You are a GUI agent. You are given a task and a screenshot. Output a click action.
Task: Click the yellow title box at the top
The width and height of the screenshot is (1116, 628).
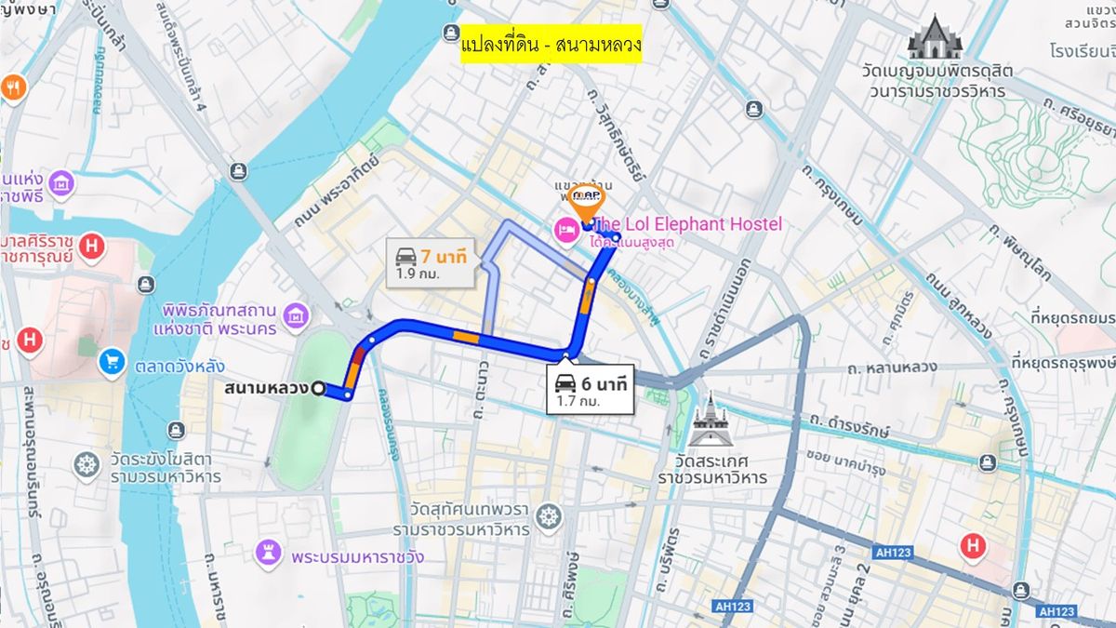(551, 44)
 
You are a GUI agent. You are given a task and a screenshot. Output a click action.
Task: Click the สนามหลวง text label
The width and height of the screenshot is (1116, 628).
(266, 388)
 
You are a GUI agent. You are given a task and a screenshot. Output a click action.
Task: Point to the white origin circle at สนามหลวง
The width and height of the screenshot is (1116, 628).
(319, 389)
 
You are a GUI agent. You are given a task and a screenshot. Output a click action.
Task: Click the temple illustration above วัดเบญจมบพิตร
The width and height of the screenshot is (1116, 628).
(934, 38)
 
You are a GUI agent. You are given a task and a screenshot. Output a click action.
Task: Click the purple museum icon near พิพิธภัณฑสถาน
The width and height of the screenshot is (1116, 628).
(296, 315)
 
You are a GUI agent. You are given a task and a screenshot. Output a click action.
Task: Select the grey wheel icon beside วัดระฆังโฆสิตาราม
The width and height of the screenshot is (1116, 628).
(86, 464)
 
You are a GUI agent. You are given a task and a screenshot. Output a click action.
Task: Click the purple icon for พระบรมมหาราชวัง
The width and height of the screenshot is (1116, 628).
(268, 555)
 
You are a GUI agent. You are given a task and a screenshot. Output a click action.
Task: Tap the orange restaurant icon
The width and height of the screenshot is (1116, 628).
(13, 88)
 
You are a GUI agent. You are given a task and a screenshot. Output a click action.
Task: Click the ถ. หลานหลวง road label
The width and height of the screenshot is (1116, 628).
(892, 368)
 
